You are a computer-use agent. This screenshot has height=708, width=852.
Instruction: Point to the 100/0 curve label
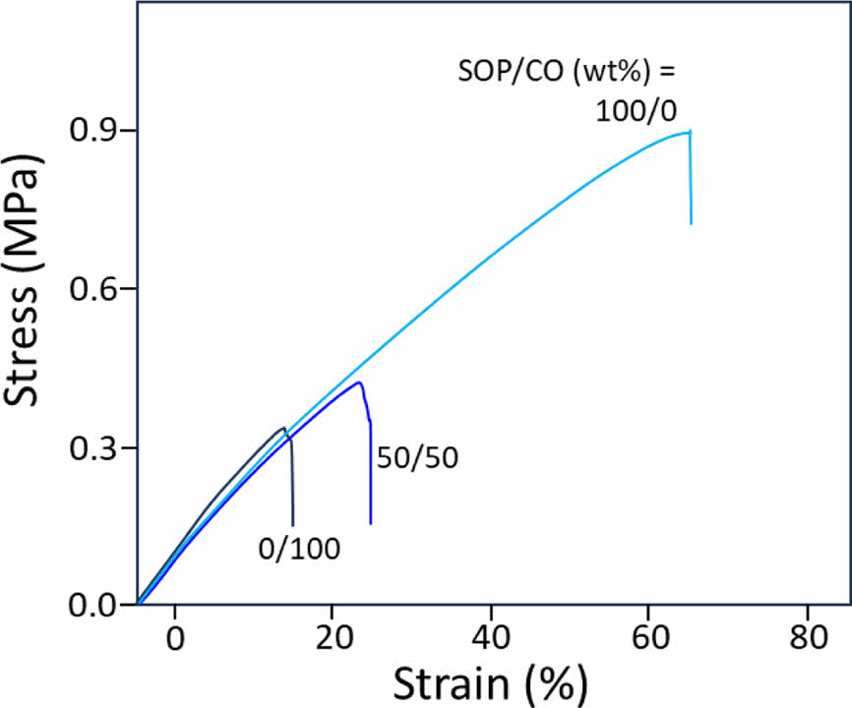coord(637,110)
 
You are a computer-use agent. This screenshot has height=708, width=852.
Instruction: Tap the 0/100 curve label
coord(299,549)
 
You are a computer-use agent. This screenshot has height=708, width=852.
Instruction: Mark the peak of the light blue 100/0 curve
coord(689,132)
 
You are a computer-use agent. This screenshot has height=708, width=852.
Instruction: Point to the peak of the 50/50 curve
coord(360,383)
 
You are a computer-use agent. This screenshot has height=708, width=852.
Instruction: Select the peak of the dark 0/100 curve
coord(284,428)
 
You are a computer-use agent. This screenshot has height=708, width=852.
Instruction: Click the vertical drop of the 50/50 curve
coord(370,472)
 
